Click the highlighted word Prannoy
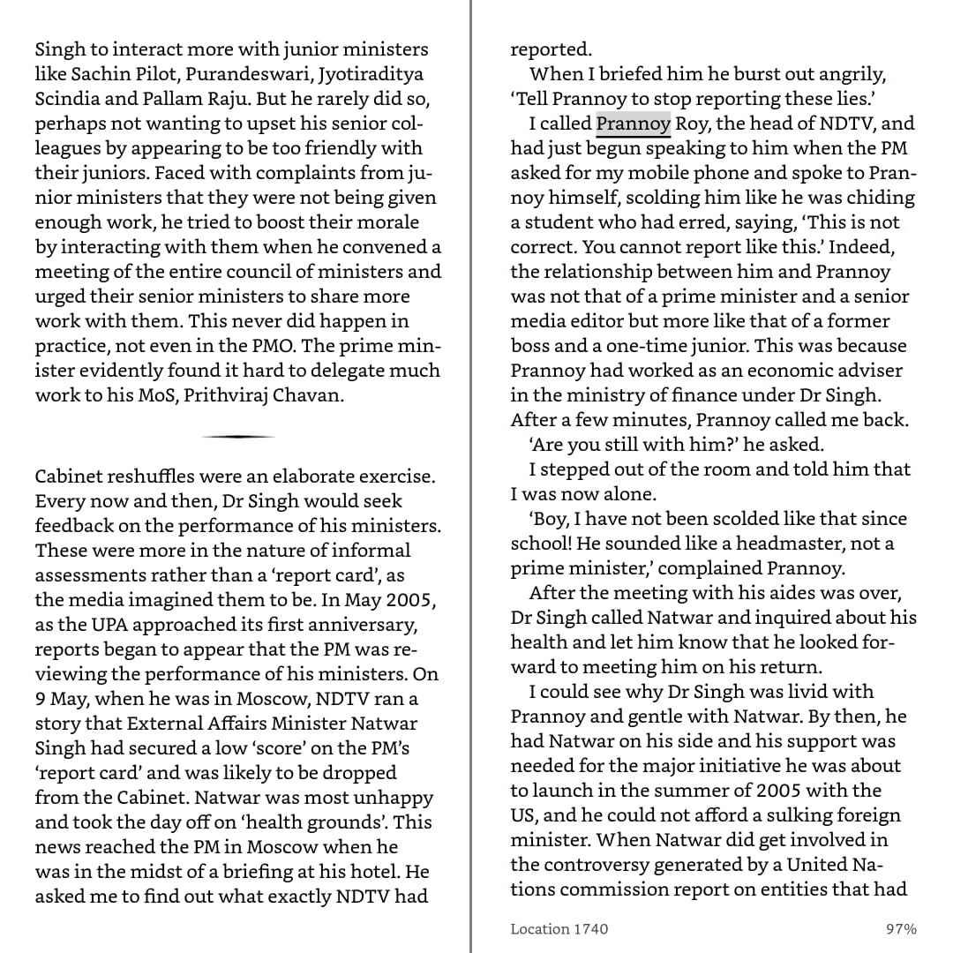634,124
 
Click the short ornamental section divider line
238,437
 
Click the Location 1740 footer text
559,928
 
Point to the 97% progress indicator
901,928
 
